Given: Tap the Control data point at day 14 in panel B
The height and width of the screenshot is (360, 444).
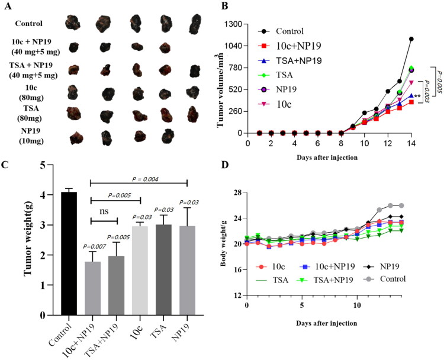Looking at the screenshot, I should point(411,39).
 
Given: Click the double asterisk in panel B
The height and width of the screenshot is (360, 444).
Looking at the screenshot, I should point(417,96).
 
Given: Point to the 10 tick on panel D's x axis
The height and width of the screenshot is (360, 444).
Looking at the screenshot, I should point(357,306).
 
